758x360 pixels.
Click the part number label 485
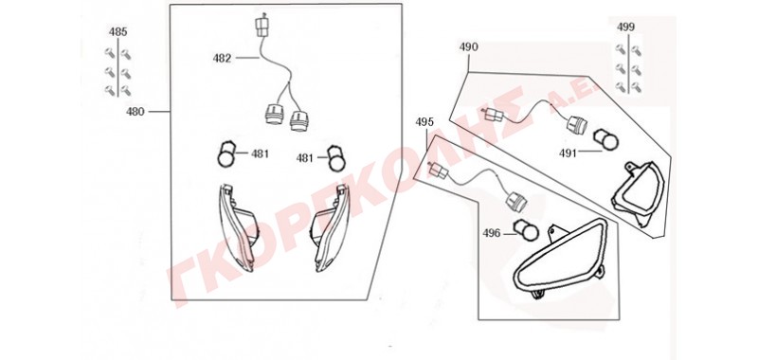117,32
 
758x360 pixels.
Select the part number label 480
135,112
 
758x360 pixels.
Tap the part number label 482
222,59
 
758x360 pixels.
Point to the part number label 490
468,46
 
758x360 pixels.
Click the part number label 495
424,122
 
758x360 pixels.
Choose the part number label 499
625,27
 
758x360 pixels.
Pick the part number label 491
568,153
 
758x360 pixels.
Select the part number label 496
492,233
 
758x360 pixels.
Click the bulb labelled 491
605,138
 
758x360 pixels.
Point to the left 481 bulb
227,154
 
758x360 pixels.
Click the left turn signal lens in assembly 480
237,227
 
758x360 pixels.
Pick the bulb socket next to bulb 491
577,125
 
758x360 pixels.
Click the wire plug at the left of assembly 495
438,171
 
